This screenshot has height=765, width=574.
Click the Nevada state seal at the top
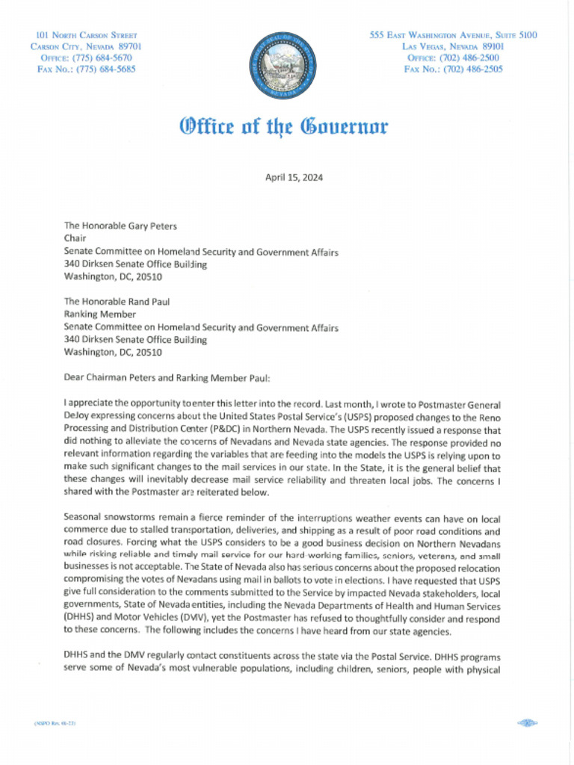pos(282,64)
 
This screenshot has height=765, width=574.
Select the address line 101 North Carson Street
pos(86,35)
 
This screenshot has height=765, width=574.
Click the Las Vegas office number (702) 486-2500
pos(454,58)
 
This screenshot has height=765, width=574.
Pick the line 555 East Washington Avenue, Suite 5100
pos(454,35)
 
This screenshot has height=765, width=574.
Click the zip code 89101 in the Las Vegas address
pos(488,46)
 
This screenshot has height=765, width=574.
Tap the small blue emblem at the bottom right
pos(527,723)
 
